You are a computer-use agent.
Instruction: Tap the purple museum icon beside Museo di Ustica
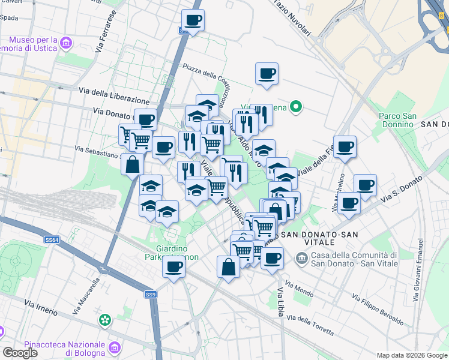[66, 41]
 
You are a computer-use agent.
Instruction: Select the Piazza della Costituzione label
[207, 78]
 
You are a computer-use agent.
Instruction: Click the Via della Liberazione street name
[114, 94]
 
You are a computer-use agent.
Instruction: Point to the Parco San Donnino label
[397, 120]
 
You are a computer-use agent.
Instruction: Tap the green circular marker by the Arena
[295, 107]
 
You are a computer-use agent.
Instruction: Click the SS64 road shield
[52, 240]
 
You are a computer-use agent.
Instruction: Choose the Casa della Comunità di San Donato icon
[301, 258]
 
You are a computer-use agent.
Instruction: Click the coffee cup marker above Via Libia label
[272, 258]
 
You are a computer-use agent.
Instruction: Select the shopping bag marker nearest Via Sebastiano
[132, 164]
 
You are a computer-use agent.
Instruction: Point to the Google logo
[20, 353]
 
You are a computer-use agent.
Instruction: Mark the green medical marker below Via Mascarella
[106, 319]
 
